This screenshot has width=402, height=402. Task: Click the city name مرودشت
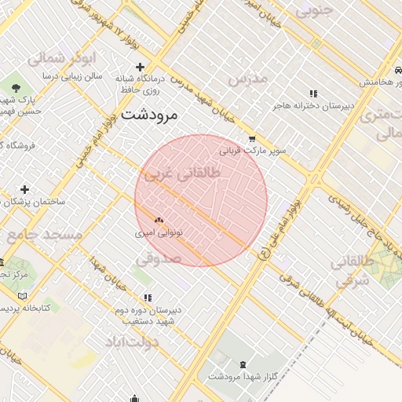pos(152,115)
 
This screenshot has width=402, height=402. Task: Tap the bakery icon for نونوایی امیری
pos(159,221)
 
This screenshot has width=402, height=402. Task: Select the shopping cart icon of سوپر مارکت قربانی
pos(251,138)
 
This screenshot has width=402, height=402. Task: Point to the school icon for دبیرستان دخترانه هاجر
pos(314,93)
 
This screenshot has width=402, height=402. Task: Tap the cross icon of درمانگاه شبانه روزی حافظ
pos(140,67)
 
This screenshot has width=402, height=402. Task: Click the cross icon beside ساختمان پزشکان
pos(24,189)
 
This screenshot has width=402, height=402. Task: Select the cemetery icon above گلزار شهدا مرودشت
pos(241,364)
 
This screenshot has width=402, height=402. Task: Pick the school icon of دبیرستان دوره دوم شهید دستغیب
pos(148,298)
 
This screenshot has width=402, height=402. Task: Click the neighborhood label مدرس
pos(249,79)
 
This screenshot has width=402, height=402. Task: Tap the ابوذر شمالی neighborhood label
pos(60,58)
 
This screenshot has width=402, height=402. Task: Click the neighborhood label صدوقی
pos(159,258)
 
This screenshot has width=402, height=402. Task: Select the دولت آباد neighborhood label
pos(131,342)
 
